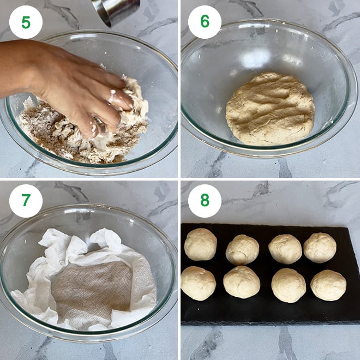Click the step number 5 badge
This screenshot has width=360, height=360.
click(26, 22)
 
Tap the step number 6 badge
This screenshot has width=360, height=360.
click(205, 22)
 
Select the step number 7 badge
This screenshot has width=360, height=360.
click(26, 201)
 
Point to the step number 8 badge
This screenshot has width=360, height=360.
click(205, 201)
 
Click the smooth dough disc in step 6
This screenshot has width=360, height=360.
click(270, 109)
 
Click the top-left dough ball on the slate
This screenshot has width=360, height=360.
click(200, 244)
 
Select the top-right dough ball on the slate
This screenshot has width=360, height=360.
click(320, 248)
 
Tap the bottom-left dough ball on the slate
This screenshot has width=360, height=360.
click(198, 283)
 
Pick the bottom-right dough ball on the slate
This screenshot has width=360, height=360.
click(328, 285)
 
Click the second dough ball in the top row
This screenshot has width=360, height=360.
click(242, 249)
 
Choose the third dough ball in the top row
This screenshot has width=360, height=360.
click(285, 249)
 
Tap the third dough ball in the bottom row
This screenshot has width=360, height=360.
click(289, 285)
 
